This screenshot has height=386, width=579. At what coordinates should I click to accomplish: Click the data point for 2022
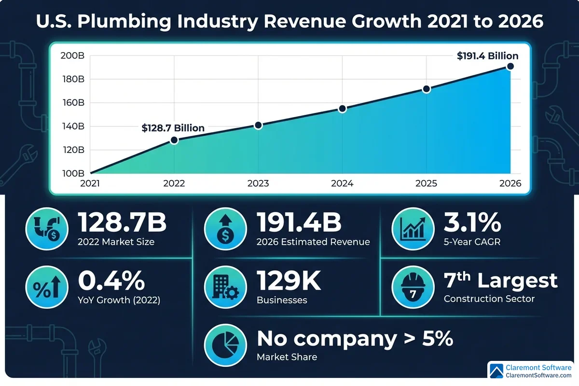[174, 140]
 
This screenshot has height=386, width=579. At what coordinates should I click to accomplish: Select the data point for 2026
[510, 66]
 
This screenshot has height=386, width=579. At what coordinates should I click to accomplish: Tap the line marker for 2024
[342, 109]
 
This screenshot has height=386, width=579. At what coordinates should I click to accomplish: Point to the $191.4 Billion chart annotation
[487, 56]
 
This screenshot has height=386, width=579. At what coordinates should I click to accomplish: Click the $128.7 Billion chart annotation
[173, 128]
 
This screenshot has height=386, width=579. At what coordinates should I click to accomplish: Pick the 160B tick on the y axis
[73, 103]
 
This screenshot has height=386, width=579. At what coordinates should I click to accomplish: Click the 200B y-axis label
[73, 56]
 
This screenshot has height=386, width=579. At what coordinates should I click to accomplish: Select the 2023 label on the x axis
[258, 184]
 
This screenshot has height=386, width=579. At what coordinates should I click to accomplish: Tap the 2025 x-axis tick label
[426, 184]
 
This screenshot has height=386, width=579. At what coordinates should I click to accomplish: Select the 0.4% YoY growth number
[111, 281]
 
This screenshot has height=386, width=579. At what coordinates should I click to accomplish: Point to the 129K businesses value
[289, 281]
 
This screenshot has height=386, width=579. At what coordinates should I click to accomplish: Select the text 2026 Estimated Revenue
[313, 242]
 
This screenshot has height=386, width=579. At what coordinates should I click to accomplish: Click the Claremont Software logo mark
[496, 371]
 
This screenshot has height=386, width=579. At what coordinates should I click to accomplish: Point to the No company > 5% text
[355, 339]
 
